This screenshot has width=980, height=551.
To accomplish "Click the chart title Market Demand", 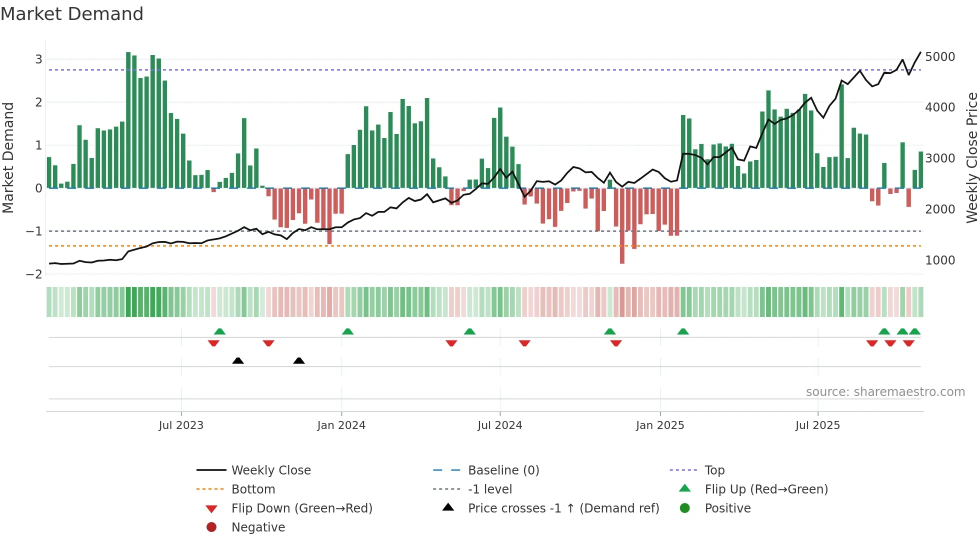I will click(x=72, y=14).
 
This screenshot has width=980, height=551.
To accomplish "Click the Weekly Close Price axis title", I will click(x=971, y=157).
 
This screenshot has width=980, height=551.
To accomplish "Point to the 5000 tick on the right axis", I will click(x=939, y=57).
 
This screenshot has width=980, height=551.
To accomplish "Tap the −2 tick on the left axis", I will click(x=34, y=274).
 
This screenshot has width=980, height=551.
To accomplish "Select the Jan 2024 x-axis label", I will click(x=341, y=425).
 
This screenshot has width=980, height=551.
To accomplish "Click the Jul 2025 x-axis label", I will click(x=817, y=425).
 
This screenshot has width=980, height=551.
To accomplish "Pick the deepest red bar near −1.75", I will click(x=622, y=225).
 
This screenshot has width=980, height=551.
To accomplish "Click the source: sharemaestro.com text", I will click(x=885, y=392).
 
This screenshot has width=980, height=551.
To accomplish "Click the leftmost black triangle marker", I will click(x=238, y=361).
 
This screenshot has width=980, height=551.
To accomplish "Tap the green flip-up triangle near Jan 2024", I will click(x=347, y=331).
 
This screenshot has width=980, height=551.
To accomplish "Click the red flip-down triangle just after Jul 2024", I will click(x=524, y=343).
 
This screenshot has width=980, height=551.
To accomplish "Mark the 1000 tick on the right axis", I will click(x=939, y=260).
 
